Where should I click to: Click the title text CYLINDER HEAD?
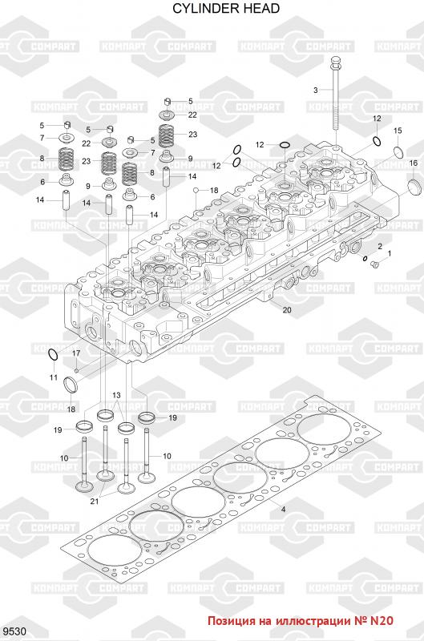(226, 8)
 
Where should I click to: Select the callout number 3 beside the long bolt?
(315, 90)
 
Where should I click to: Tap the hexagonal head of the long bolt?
(335, 61)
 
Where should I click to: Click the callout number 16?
(414, 163)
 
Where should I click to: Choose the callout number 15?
(398, 131)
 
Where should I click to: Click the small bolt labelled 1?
(374, 265)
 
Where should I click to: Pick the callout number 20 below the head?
(287, 310)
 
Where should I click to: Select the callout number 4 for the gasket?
(283, 510)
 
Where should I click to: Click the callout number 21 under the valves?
(95, 502)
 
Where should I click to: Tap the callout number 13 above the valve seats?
(116, 395)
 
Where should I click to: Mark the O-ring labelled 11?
(53, 355)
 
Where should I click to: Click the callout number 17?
(76, 353)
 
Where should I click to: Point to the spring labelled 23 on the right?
(167, 136)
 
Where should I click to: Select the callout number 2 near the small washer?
(380, 246)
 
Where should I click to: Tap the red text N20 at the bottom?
(382, 621)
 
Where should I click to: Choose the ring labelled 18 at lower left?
(71, 385)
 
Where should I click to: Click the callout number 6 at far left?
(42, 182)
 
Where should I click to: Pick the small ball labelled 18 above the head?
(196, 190)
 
